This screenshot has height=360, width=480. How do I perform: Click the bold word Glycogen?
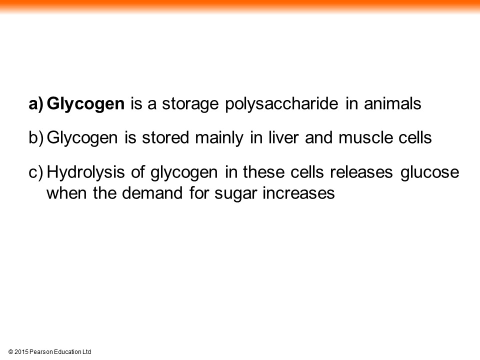click(x=85, y=104)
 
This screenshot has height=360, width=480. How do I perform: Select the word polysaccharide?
click(x=281, y=104)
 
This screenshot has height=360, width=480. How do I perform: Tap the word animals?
click(x=392, y=103)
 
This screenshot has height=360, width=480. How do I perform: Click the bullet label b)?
click(x=36, y=138)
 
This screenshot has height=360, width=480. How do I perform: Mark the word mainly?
click(x=219, y=138)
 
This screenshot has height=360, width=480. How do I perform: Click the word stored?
click(x=165, y=137)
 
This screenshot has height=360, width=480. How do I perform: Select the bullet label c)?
click(x=36, y=172)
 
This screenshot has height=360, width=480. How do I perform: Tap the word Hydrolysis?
click(x=85, y=172)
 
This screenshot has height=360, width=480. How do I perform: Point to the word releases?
click(x=361, y=171)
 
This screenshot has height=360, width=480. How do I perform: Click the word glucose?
click(x=430, y=172)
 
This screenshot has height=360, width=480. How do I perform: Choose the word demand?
click(x=152, y=193)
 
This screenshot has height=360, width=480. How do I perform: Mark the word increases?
click(x=299, y=193)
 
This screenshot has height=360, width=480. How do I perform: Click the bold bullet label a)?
click(x=36, y=104)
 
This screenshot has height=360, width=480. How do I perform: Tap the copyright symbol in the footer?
click(x=10, y=352)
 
